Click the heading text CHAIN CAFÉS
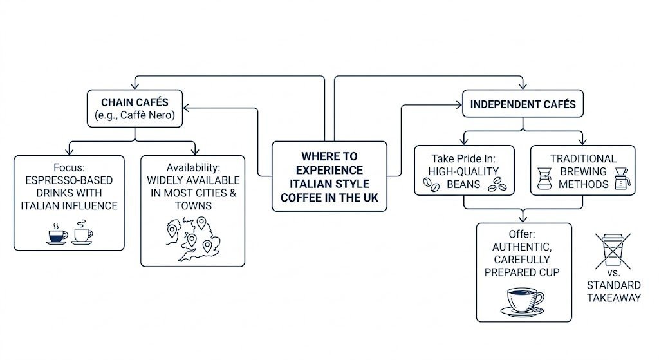(134, 102)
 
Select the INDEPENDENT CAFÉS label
(523, 104)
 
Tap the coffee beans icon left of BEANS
(431, 185)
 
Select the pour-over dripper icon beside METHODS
(622, 178)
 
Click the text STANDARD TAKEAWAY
(613, 291)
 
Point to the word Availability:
(193, 167)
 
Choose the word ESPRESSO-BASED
(69, 180)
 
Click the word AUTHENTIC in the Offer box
(523, 247)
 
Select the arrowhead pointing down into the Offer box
(524, 219)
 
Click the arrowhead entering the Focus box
(70, 151)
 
